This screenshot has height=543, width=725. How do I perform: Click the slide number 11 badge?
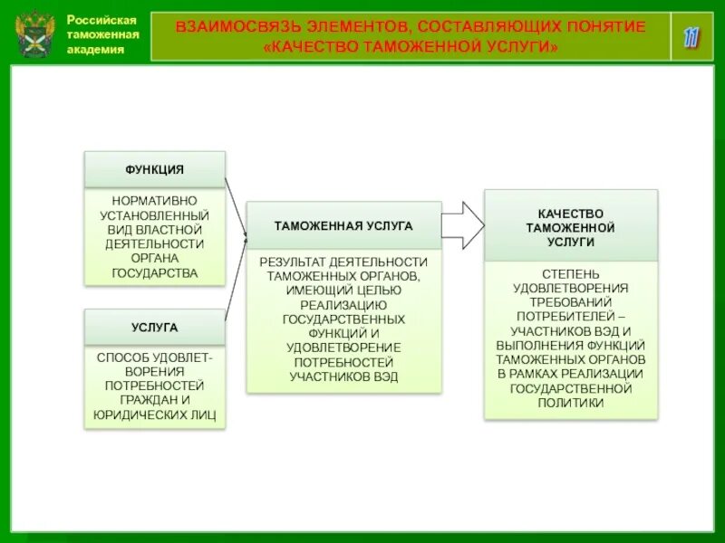point(692,37)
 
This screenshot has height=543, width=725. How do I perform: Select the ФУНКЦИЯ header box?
point(154,169)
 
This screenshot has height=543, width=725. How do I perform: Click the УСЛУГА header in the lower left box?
point(154,327)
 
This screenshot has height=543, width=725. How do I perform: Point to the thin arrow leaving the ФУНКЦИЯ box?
point(235,204)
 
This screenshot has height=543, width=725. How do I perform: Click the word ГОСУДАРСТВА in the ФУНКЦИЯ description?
point(154,272)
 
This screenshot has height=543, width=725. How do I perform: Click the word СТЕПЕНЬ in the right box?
point(570,273)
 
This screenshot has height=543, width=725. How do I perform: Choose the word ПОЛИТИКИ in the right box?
point(570,403)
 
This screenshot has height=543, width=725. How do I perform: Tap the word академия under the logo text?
point(95,50)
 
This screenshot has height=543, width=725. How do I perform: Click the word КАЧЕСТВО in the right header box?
point(570,214)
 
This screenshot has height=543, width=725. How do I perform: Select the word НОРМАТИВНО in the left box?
point(154,200)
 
